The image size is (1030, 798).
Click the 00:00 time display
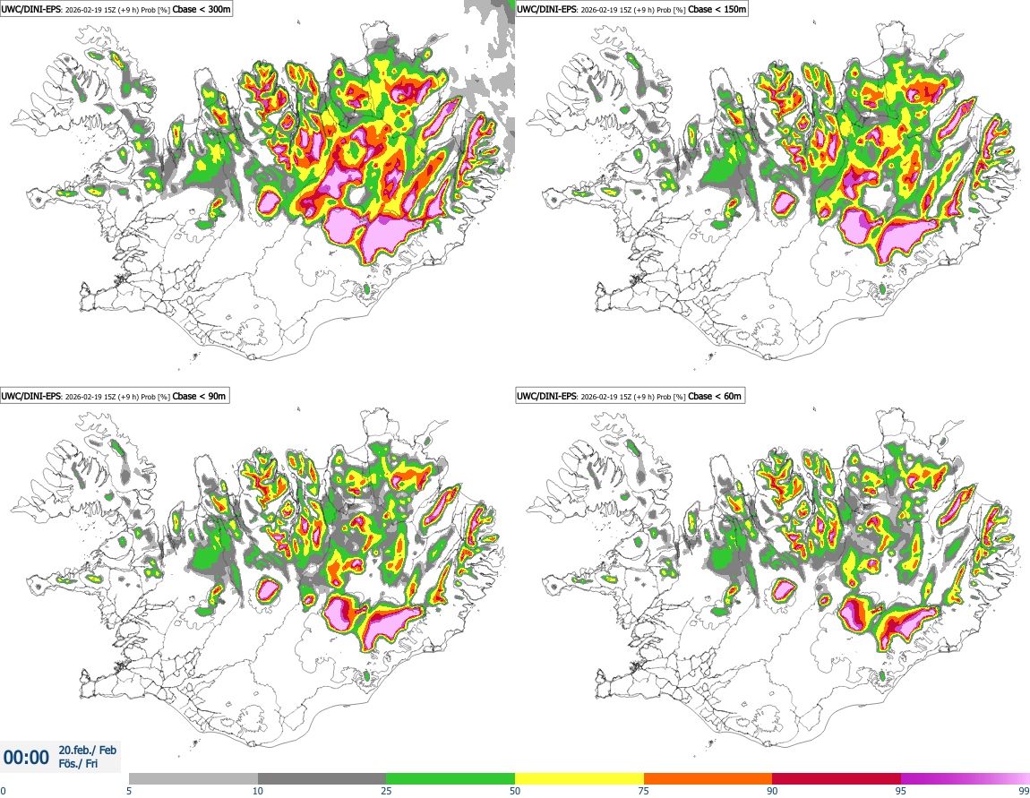[26, 758]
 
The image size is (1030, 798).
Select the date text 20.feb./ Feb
[87, 751]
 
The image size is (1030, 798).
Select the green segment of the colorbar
[451, 778]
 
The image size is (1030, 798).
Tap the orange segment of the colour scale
[708, 778]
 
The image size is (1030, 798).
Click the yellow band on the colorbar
[579, 778]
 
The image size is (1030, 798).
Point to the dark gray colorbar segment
[322, 778]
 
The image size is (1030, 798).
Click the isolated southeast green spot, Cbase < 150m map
[881, 288]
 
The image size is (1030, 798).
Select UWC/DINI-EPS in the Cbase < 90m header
[30, 396]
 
